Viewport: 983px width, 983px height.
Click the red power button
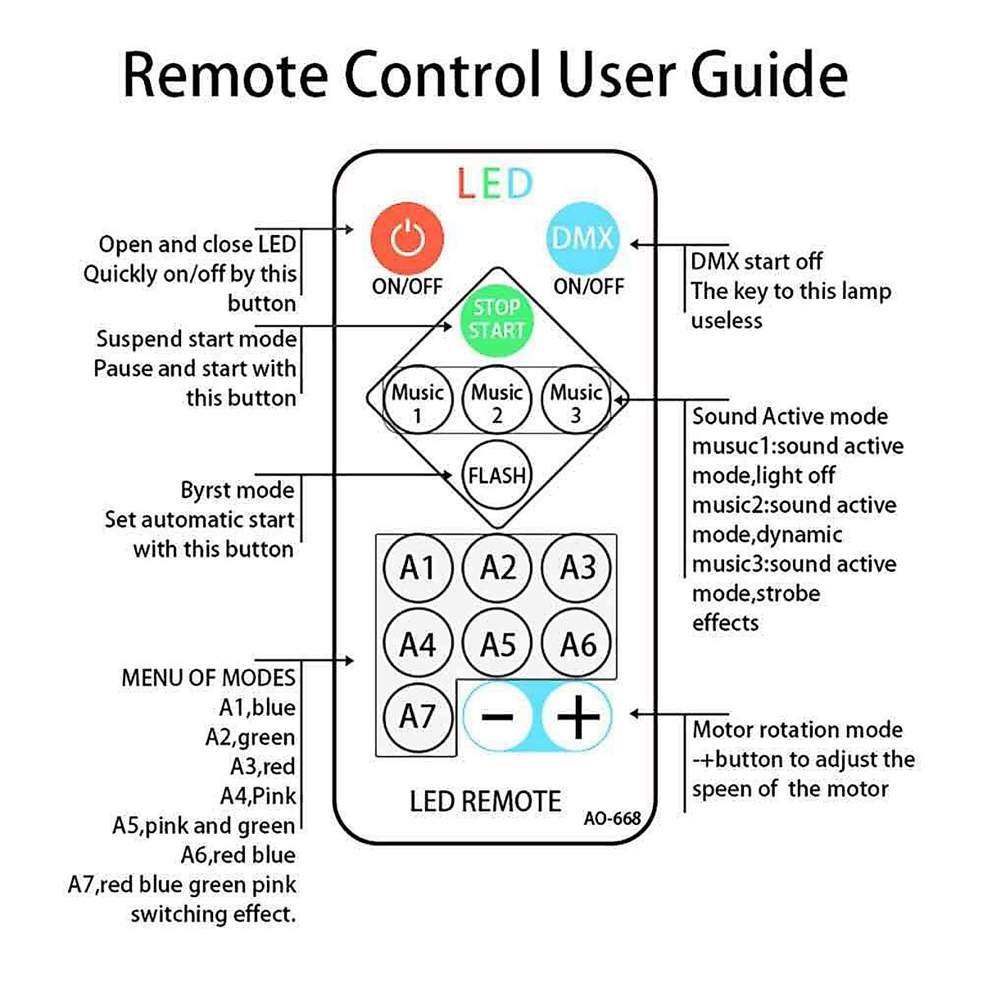click(x=407, y=239)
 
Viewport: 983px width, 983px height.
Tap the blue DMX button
click(x=582, y=238)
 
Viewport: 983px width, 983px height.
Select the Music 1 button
click(x=418, y=402)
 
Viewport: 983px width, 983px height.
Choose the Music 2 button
click(x=497, y=402)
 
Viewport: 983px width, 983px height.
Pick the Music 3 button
click(x=576, y=402)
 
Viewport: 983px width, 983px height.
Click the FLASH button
click(x=496, y=475)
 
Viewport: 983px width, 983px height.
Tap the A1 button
click(x=418, y=567)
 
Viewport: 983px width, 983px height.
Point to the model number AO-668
click(x=612, y=818)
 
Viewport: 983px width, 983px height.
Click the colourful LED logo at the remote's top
click(x=495, y=184)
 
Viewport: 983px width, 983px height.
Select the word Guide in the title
click(x=768, y=75)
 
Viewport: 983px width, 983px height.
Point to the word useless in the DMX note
click(x=727, y=320)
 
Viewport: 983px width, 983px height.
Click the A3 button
click(x=578, y=567)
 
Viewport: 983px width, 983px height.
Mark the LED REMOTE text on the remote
click(x=485, y=801)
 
